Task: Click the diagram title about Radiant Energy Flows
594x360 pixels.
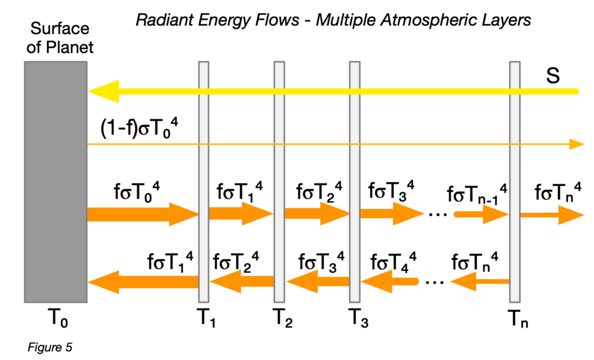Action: coord(333,21)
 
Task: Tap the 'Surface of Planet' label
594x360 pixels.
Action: coord(60,38)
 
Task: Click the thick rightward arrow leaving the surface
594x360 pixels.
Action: coord(143,214)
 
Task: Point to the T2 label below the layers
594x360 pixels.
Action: coord(282,318)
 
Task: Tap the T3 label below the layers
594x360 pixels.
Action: coord(358,318)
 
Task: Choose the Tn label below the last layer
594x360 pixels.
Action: coord(517,318)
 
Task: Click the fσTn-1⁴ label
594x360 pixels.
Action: coord(477,192)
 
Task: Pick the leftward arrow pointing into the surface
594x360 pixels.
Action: coord(143,282)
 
